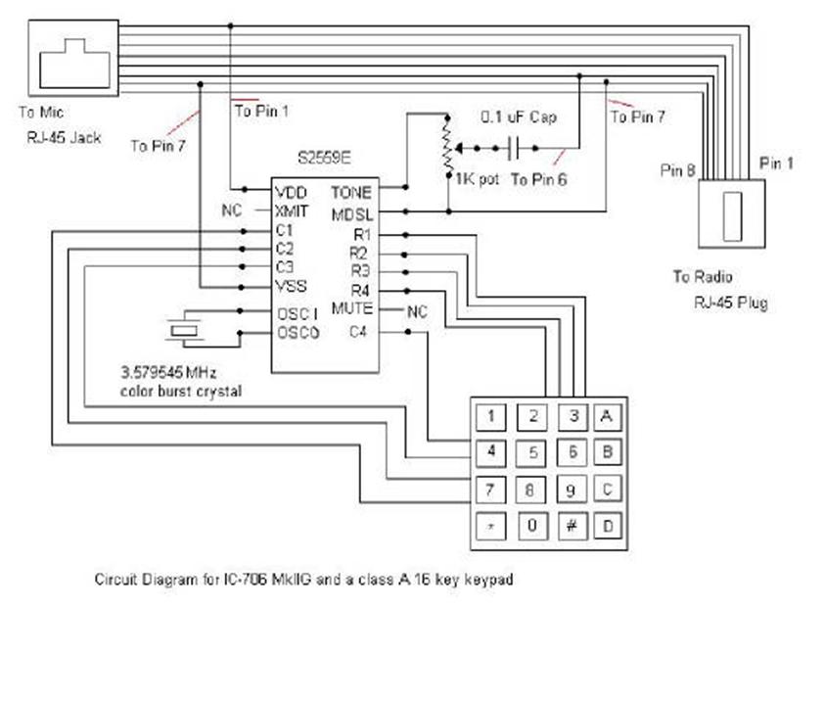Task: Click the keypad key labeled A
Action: pos(608,416)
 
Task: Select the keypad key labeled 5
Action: pos(532,452)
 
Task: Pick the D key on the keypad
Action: pos(608,526)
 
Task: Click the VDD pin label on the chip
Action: pos(291,192)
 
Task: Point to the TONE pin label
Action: pos(351,192)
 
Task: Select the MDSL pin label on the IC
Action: pos(351,212)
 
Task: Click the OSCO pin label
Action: pos(298,333)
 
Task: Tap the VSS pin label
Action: pos(291,287)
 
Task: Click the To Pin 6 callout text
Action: pos(538,180)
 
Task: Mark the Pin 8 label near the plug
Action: pos(677,170)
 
